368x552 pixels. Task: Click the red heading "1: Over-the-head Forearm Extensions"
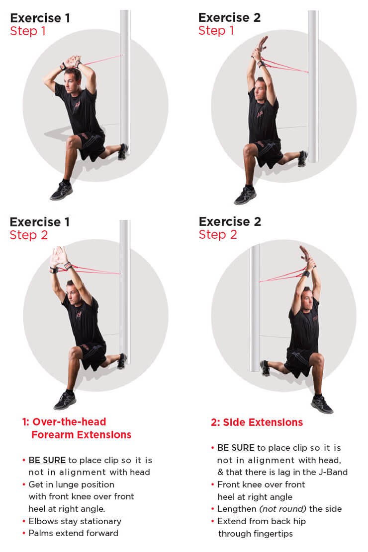(x=77, y=428)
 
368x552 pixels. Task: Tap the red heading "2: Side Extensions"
(x=257, y=422)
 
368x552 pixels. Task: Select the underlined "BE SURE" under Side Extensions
(x=236, y=448)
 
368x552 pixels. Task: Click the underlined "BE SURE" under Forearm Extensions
(x=47, y=460)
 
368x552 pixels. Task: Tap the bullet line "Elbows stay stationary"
(x=75, y=521)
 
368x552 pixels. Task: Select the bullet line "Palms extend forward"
(x=74, y=533)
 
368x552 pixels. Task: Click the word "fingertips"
(x=274, y=534)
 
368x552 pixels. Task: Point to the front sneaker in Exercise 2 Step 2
(x=321, y=405)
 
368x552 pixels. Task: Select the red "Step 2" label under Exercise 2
(x=218, y=234)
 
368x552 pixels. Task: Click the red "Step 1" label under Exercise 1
(x=28, y=31)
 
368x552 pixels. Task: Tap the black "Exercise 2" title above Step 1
(x=229, y=17)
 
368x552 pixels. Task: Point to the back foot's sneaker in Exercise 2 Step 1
(x=303, y=158)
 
